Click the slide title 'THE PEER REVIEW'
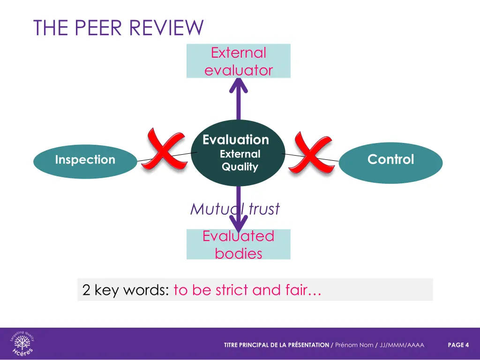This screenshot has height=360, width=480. pos(118,28)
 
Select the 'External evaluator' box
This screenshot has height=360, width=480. pos(238,61)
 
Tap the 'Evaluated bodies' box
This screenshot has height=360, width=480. pos(238,244)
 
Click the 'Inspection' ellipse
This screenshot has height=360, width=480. pos(85,160)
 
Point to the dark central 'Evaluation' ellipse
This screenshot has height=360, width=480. pos(238,153)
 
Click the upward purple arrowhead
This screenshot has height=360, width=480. pos(239,86)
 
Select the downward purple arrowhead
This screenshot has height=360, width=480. pos(239,224)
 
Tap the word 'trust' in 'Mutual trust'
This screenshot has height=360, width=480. pos(264,209)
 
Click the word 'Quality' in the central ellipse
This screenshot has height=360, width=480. pos(240,167)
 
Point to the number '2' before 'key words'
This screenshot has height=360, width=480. pos(86,290)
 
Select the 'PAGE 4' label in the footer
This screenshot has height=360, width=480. pos(458,345)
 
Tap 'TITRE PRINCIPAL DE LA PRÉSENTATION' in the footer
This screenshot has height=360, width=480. pos(276,345)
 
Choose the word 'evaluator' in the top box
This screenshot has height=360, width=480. pos(238,70)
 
